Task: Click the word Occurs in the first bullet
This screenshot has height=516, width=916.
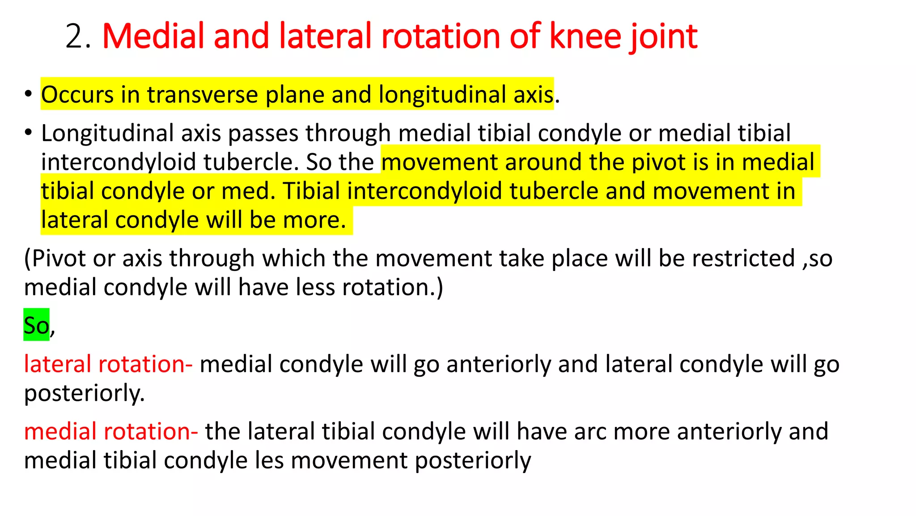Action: coord(77,95)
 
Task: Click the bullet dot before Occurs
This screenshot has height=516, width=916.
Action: coord(28,94)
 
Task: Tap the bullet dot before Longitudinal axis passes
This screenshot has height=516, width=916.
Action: coord(28,133)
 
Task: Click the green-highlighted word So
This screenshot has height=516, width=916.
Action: coord(36,325)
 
